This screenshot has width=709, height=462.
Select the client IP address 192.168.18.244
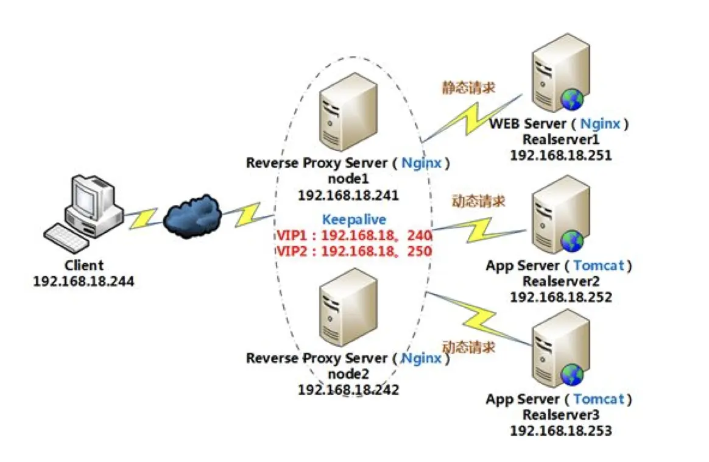(83, 281)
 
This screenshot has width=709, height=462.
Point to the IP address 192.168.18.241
(348, 195)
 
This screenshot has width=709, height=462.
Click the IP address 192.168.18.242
(348, 389)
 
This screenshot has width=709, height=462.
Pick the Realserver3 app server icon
(559, 348)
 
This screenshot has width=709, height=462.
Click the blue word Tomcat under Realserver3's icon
(599, 399)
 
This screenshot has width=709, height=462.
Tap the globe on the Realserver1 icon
(573, 99)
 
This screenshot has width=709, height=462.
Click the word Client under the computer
(84, 266)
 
